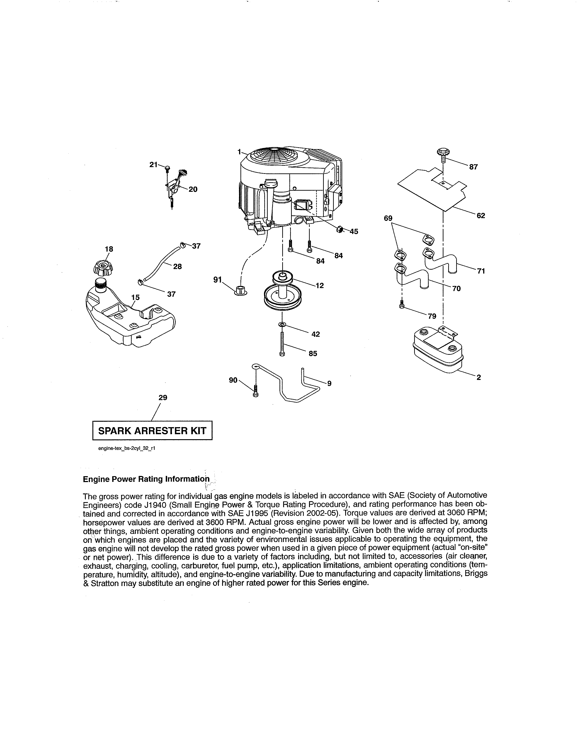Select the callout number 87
click(x=473, y=167)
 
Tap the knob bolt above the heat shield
click(x=443, y=154)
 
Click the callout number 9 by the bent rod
click(x=329, y=383)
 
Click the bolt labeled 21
click(x=167, y=168)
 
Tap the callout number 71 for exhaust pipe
click(x=481, y=271)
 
